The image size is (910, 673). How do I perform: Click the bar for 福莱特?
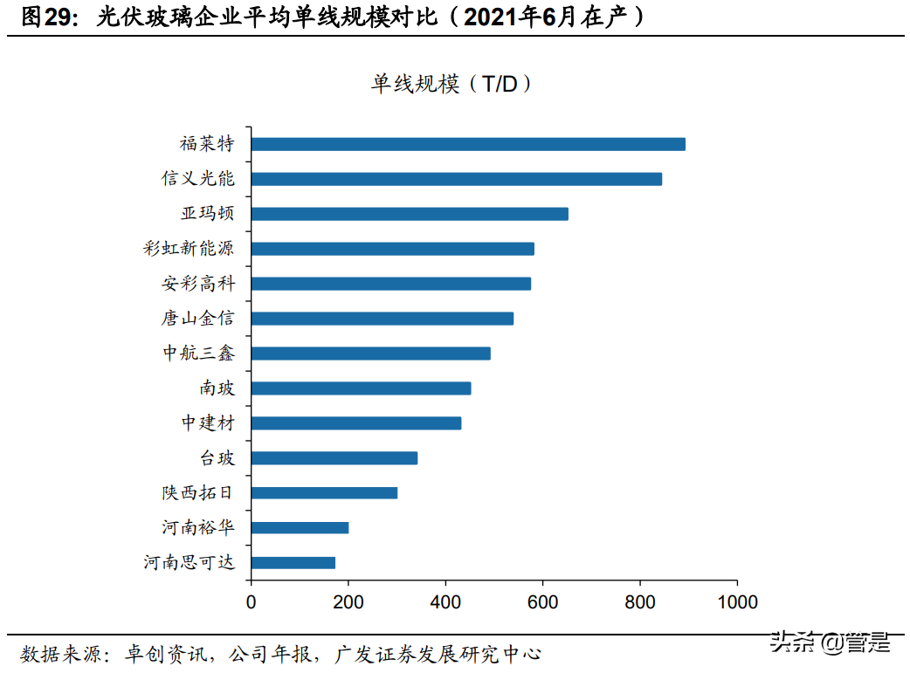coord(468,144)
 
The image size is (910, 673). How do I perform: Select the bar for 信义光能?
coord(456,179)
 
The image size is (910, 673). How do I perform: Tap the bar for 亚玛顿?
coord(410,214)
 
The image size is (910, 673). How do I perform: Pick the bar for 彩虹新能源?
coord(392,249)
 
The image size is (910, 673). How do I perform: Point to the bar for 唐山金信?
coord(382,319)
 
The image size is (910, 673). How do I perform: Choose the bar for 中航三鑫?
coord(370,354)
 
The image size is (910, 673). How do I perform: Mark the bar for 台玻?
coord(334,458)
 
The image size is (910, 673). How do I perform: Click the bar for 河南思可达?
coord(293,563)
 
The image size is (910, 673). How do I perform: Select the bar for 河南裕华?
coord(300,528)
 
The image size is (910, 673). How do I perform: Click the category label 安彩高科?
coord(198,284)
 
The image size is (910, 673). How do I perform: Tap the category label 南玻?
coord(217,388)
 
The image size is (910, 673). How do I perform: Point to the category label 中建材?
coord(208,423)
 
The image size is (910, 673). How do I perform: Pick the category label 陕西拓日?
coord(197,493)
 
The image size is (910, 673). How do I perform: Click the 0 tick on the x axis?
coord(251,602)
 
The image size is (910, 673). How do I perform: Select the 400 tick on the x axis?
coord(445,602)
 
